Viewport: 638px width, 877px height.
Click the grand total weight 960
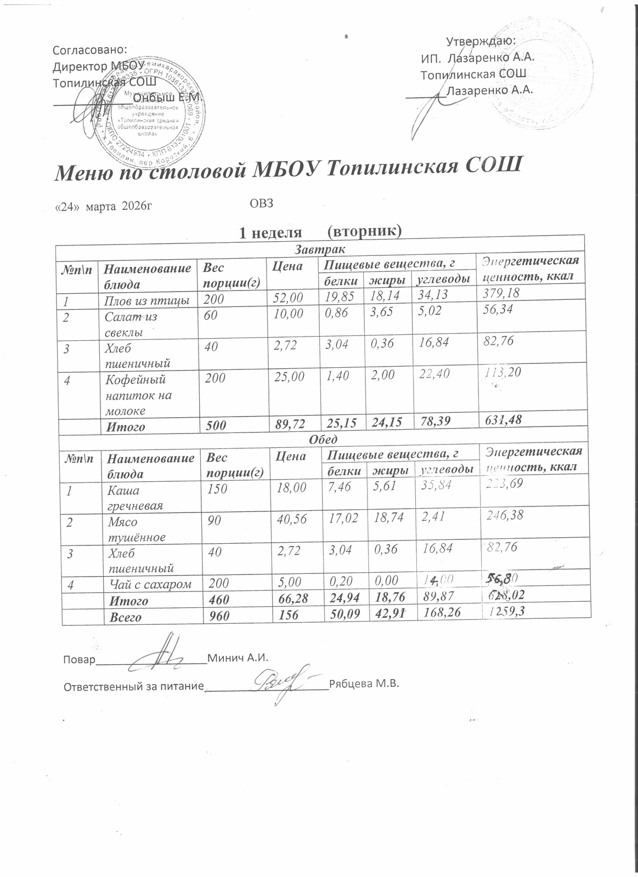219,617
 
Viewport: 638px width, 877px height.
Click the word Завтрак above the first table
320,250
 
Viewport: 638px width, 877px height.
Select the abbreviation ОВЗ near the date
261,204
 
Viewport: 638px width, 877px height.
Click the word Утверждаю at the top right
481,41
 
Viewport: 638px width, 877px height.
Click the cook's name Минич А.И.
238,657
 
